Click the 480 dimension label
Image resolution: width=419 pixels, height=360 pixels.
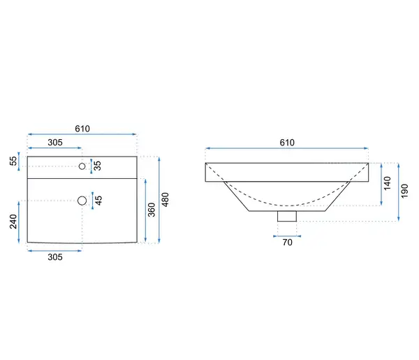(166, 199)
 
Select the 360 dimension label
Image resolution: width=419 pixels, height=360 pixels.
(152, 210)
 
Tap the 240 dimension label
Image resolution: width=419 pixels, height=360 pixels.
(13, 222)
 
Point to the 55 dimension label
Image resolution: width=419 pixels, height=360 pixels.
(13, 161)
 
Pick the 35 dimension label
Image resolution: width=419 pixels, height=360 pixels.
(98, 166)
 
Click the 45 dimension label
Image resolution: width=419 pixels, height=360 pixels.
(98, 201)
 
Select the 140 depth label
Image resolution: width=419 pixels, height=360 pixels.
(387, 183)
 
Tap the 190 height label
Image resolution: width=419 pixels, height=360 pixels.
(404, 191)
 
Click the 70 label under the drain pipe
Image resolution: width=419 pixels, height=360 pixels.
(287, 243)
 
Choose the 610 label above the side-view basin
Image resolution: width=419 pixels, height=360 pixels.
(287, 143)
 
